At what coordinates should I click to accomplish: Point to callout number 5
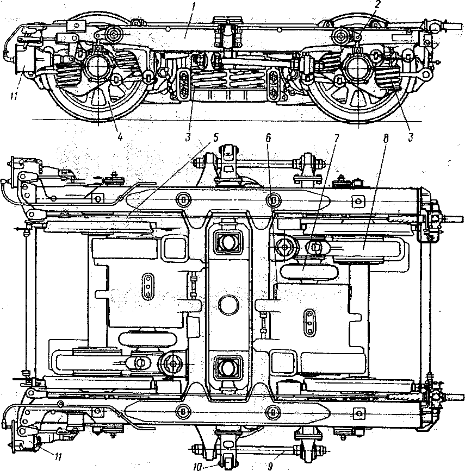coord(216,137)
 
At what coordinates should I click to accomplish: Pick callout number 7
coord(336,138)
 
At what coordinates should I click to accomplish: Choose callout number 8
coord(386,138)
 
